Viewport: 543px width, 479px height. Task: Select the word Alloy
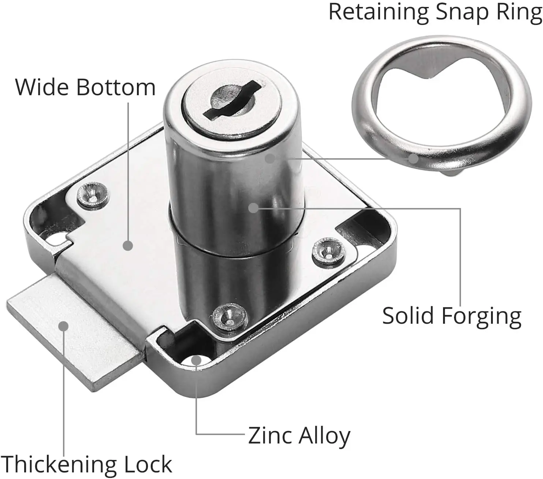(x=324, y=436)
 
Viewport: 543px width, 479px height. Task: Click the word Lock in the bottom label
(x=148, y=464)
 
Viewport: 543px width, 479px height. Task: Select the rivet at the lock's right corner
(x=328, y=251)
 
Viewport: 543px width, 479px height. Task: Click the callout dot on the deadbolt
(x=64, y=326)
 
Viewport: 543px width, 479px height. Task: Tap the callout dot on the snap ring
(x=413, y=159)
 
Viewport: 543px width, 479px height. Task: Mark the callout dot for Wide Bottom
(x=127, y=245)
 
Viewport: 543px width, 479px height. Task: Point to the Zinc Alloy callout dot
(x=197, y=360)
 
